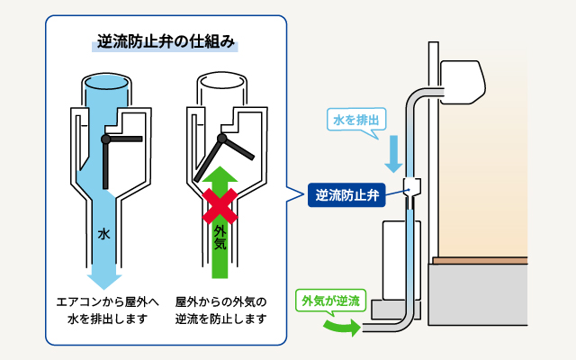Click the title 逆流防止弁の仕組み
coord(166,43)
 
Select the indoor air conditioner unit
coord(463,80)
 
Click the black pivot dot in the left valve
coord(105,139)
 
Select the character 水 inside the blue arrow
coord(103,234)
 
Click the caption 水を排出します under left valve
coord(103,319)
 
